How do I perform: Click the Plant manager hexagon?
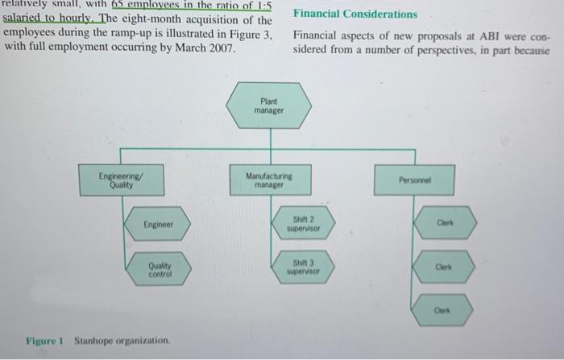pos(268,106)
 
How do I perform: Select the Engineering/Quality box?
pos(121,180)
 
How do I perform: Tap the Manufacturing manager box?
pos(271,180)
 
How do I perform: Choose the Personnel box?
pos(414,180)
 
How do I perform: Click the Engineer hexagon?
pos(158,224)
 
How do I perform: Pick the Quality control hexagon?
pos(159,269)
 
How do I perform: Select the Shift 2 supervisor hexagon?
pos(303,223)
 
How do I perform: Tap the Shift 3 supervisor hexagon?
pos(303,267)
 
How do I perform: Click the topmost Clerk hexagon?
pos(446,222)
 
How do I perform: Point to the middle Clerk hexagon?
pos(443,267)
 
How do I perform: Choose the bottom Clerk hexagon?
pos(442,310)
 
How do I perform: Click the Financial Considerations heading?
pos(355,14)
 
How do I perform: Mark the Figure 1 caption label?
pos(44,341)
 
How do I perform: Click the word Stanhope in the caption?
pos(93,341)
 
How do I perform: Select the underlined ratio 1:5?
pos(264,6)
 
